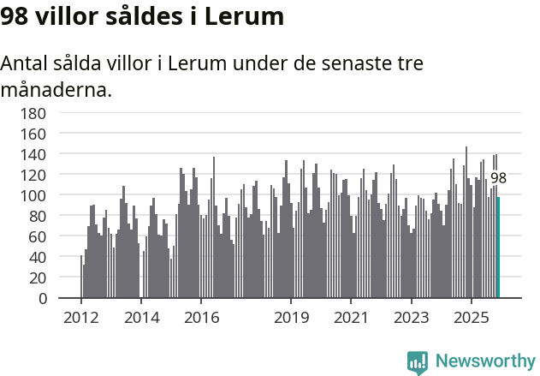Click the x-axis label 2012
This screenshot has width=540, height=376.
click(81, 318)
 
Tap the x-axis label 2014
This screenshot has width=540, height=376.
click(141, 318)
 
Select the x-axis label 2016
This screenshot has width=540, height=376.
click(201, 318)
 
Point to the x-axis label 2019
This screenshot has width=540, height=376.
click(291, 318)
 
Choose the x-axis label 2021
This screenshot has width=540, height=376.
click(351, 318)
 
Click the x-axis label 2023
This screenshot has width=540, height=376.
click(411, 318)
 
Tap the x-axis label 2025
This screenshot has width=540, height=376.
click(471, 318)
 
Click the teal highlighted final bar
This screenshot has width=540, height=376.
click(498, 248)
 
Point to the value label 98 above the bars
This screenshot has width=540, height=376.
click(498, 178)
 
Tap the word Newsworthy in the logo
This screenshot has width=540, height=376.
click(485, 361)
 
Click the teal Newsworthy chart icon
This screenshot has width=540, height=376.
click(418, 362)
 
